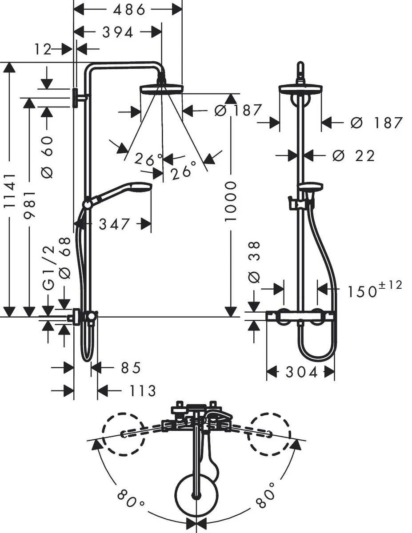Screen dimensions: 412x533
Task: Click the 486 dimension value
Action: point(129,10)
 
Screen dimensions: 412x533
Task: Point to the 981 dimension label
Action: point(30,205)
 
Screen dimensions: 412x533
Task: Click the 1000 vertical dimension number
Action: point(230,201)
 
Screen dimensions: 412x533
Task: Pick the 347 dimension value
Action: point(114,224)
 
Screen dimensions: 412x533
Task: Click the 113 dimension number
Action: point(142,390)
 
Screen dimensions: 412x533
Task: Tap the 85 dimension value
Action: point(131,368)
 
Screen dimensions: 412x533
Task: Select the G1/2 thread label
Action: point(49,268)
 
